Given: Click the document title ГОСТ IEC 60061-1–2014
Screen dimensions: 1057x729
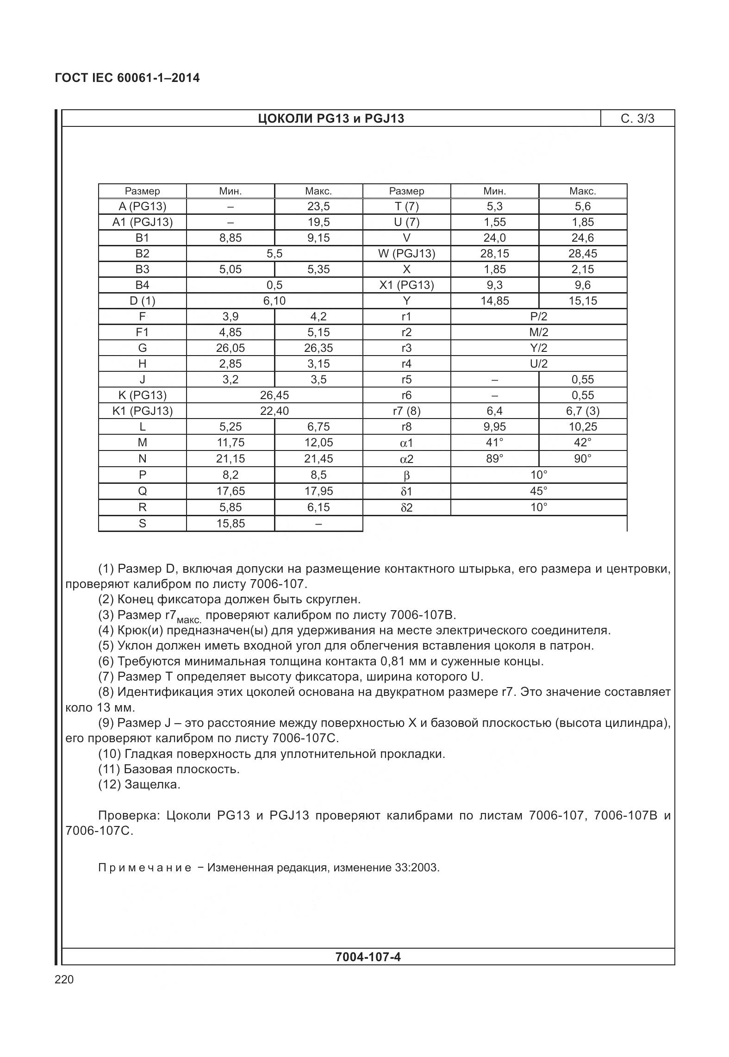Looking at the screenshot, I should (127, 78).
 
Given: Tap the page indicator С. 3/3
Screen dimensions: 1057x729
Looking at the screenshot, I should (637, 119).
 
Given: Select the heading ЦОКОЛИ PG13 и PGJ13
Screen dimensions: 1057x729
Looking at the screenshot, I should (330, 119).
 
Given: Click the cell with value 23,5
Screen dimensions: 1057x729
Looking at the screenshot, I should (318, 206).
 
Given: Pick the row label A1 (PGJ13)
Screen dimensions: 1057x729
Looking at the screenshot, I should (142, 222).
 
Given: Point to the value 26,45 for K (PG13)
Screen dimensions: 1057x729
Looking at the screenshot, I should (274, 395).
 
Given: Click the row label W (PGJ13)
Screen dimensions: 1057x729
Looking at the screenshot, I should (406, 254).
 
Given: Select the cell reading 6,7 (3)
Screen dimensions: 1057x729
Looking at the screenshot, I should (582, 411).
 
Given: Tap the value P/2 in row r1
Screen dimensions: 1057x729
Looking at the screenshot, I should (538, 317).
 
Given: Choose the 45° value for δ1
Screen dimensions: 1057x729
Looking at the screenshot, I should (538, 491).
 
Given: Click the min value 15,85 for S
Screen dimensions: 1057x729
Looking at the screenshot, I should (230, 524).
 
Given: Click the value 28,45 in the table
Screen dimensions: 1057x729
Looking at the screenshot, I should (582, 254).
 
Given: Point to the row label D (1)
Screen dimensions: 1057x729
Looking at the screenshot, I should (142, 301).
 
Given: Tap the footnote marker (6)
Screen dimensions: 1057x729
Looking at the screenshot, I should (106, 661).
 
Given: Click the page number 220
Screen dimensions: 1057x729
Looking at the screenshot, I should (64, 980).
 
